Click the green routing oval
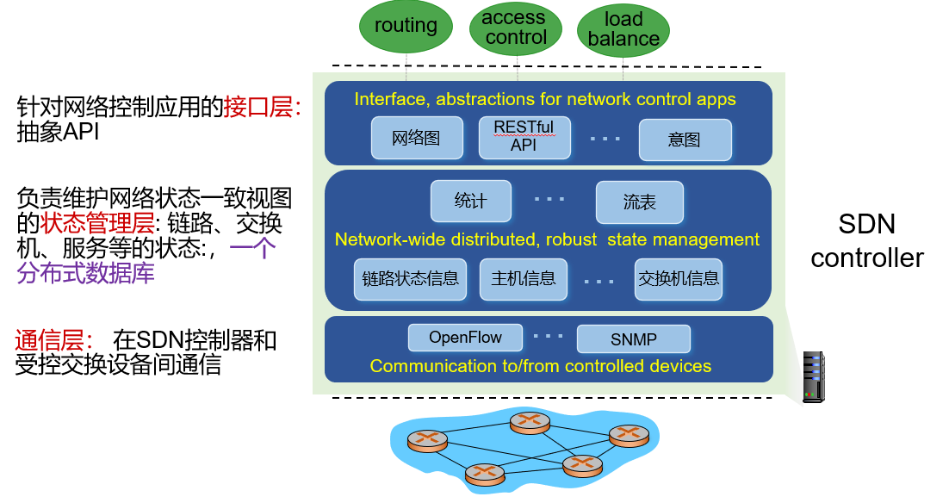coord(406,27)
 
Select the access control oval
coord(515,28)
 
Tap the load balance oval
coord(623,30)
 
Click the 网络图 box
coord(416,139)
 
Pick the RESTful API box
coord(524,138)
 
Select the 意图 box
coord(685,140)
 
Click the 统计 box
coord(470,202)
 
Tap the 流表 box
coord(640,202)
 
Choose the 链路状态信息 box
coord(410,279)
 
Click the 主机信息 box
coord(524,279)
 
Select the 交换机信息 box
coord(679,279)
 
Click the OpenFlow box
coord(465,338)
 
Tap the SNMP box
coord(634,339)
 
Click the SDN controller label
coord(866,241)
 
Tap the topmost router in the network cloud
coord(530,421)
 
